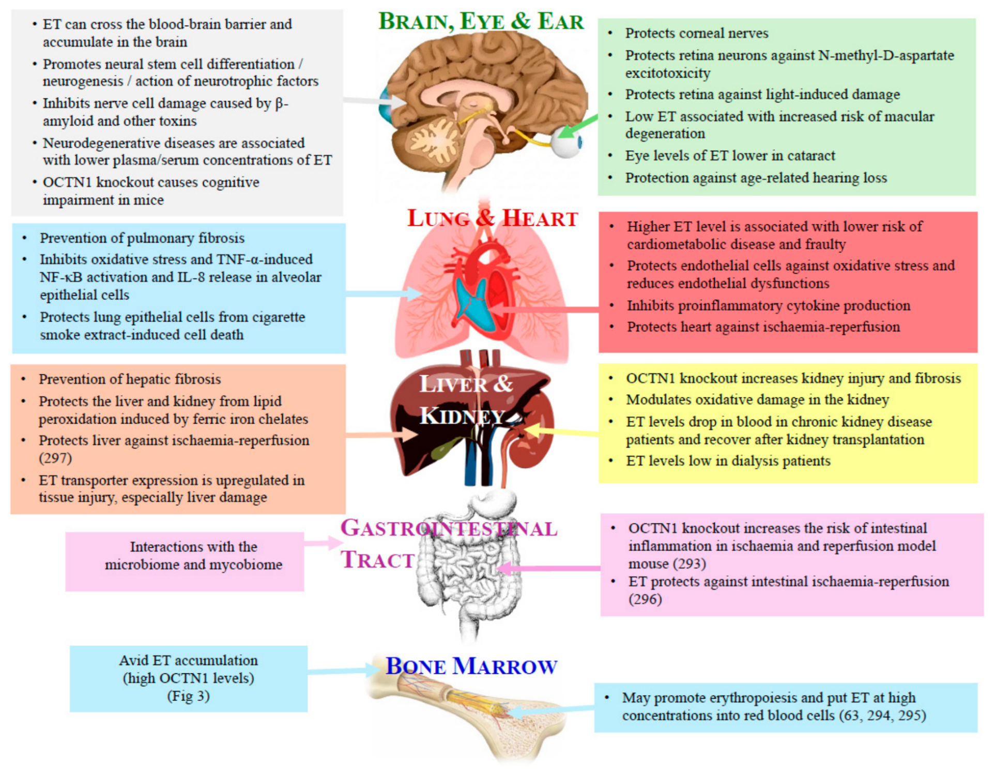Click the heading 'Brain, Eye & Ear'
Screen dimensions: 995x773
pos(481,21)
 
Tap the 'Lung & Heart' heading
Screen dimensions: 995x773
pos(492,218)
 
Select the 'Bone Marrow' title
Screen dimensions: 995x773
pos(471,666)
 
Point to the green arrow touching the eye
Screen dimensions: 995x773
pos(578,127)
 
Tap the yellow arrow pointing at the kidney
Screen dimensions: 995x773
pos(561,431)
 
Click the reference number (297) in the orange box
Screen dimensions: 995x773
pos(55,458)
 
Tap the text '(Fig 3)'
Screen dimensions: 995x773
pos(188,696)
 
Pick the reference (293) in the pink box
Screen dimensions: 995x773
pos(689,563)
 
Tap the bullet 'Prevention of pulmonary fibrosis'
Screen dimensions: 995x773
pos(142,238)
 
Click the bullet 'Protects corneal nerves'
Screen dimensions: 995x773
pos(697,33)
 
